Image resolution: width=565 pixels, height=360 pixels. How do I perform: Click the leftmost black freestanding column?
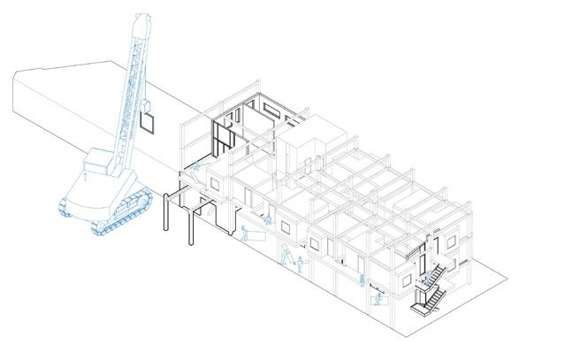(x=167, y=212)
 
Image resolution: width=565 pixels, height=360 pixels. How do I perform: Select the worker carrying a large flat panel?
(x=249, y=234)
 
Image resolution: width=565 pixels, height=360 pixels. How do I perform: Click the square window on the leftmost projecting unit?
(x=213, y=182)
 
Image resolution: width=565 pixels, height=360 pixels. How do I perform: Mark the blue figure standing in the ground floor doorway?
(x=363, y=280)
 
